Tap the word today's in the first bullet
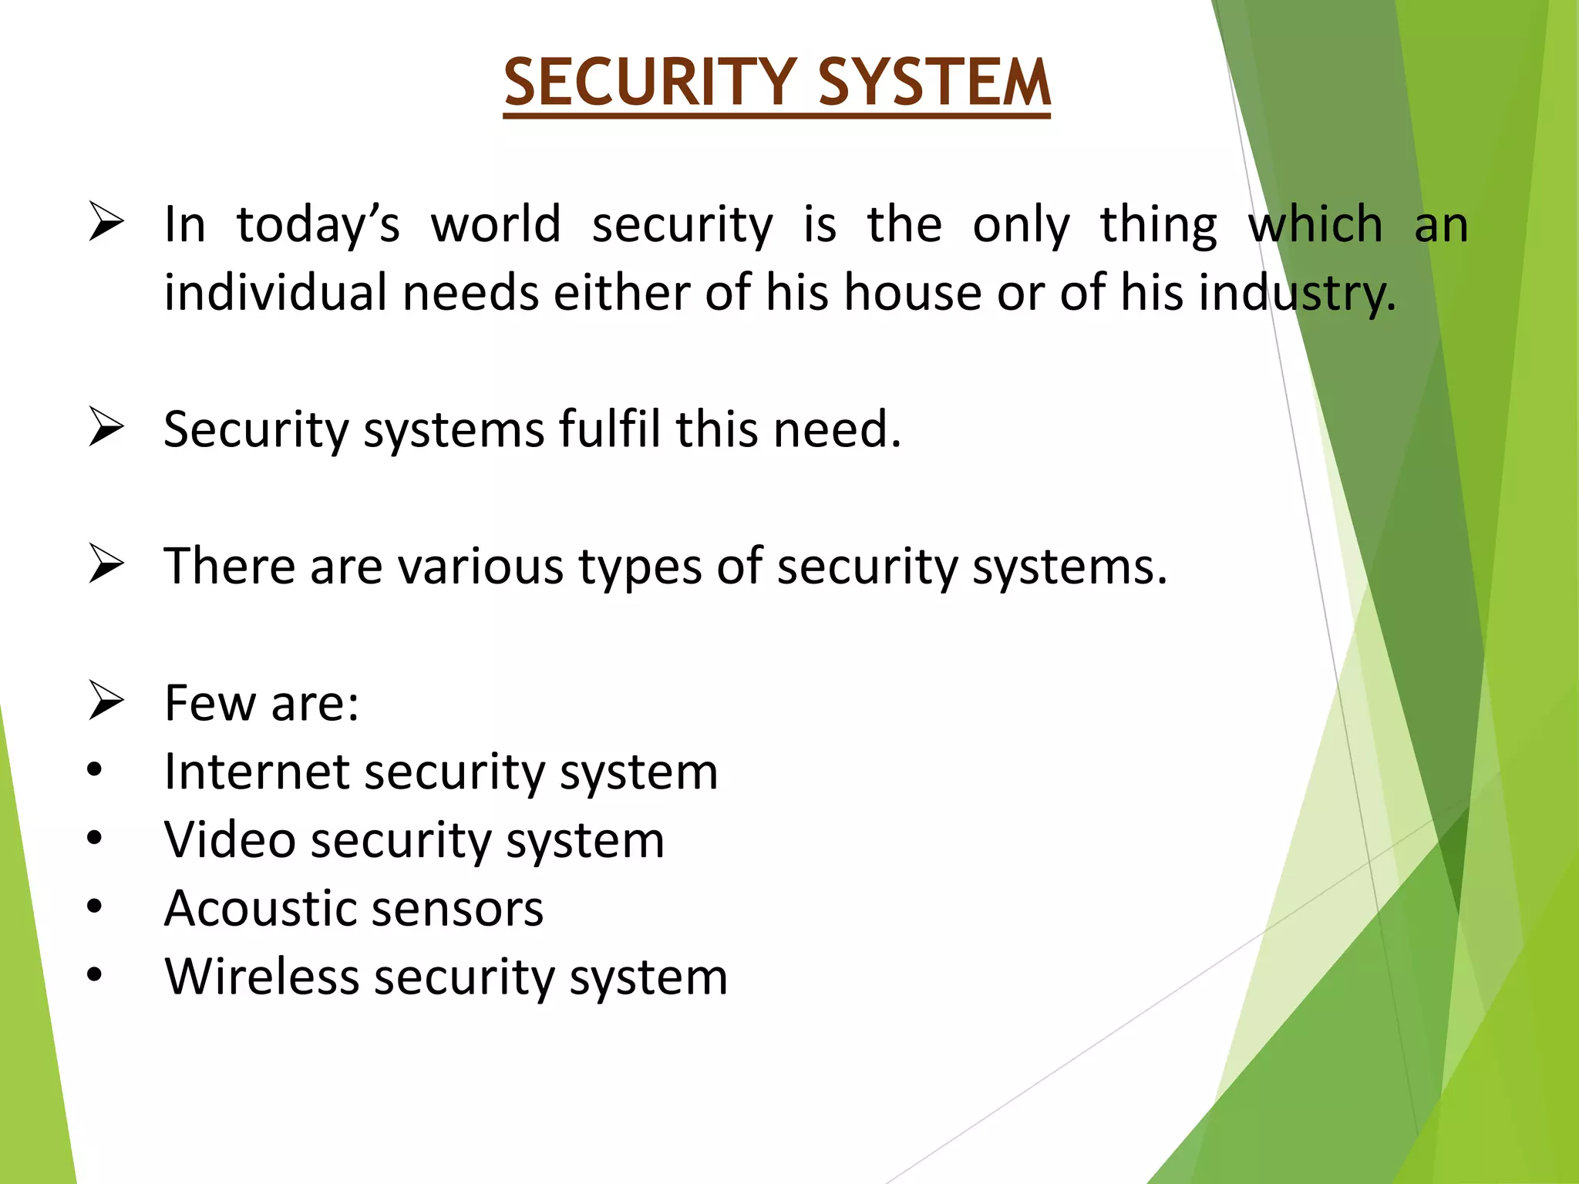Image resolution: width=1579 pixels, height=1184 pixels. [x=318, y=225]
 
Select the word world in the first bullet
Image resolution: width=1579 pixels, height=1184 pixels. [x=496, y=225]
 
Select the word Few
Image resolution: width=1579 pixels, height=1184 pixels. [x=210, y=703]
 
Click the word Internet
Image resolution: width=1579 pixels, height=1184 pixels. [x=258, y=772]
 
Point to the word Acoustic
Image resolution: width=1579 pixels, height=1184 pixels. [x=270, y=908]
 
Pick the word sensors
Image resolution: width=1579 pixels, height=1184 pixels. [x=454, y=910]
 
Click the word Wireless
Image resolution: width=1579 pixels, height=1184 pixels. [x=262, y=977]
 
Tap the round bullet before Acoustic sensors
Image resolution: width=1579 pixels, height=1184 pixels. [x=95, y=907]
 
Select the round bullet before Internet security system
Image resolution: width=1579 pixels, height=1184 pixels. [x=95, y=770]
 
